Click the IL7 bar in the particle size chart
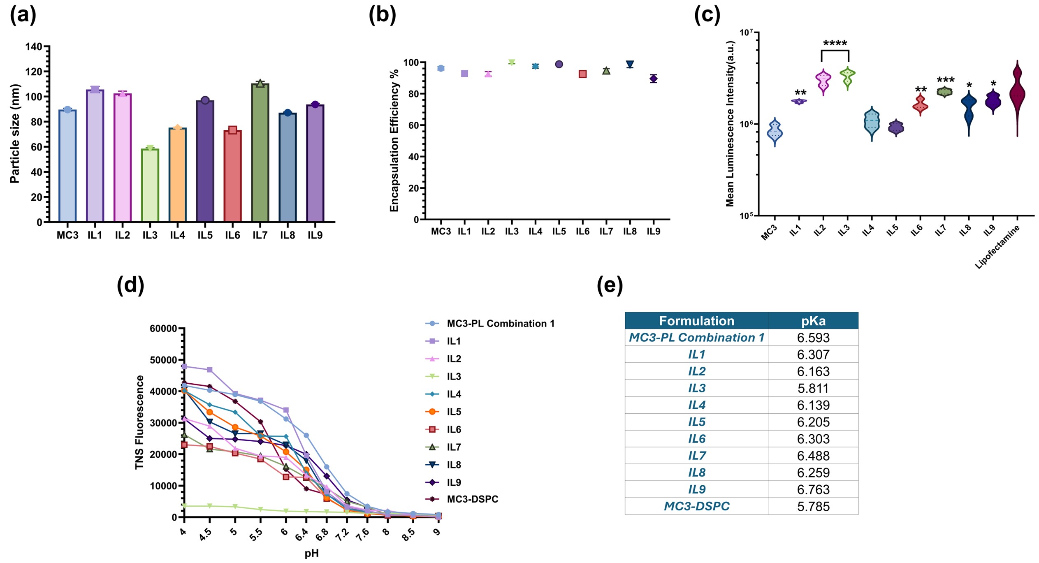tap(260, 152)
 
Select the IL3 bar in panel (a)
tap(150, 185)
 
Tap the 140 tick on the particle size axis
tap(34, 47)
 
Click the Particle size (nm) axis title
tap(15, 134)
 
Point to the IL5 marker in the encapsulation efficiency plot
tap(559, 64)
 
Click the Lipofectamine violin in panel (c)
tap(1017, 95)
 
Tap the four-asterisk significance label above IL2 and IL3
tap(835, 43)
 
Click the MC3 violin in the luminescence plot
tap(775, 132)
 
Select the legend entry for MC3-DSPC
tap(472, 499)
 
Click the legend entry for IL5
tap(454, 412)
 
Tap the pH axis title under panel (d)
tap(312, 554)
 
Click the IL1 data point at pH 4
tap(184, 366)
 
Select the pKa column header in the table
tap(813, 321)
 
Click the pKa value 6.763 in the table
tap(813, 489)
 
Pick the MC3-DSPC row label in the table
tap(696, 506)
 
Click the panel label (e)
tap(610, 285)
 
